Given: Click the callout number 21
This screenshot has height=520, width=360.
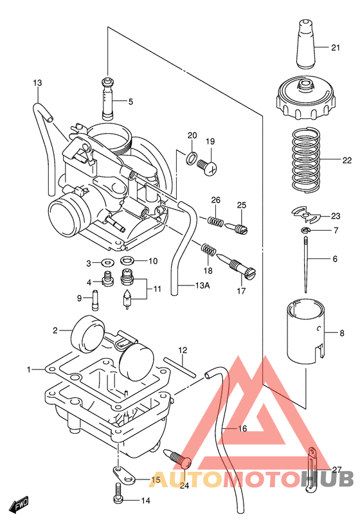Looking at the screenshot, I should point(336,48).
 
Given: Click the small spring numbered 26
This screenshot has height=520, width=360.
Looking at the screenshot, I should point(217,220).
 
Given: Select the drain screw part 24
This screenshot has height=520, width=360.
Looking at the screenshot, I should point(180,460).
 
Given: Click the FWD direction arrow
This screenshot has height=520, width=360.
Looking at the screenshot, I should point(22,503).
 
